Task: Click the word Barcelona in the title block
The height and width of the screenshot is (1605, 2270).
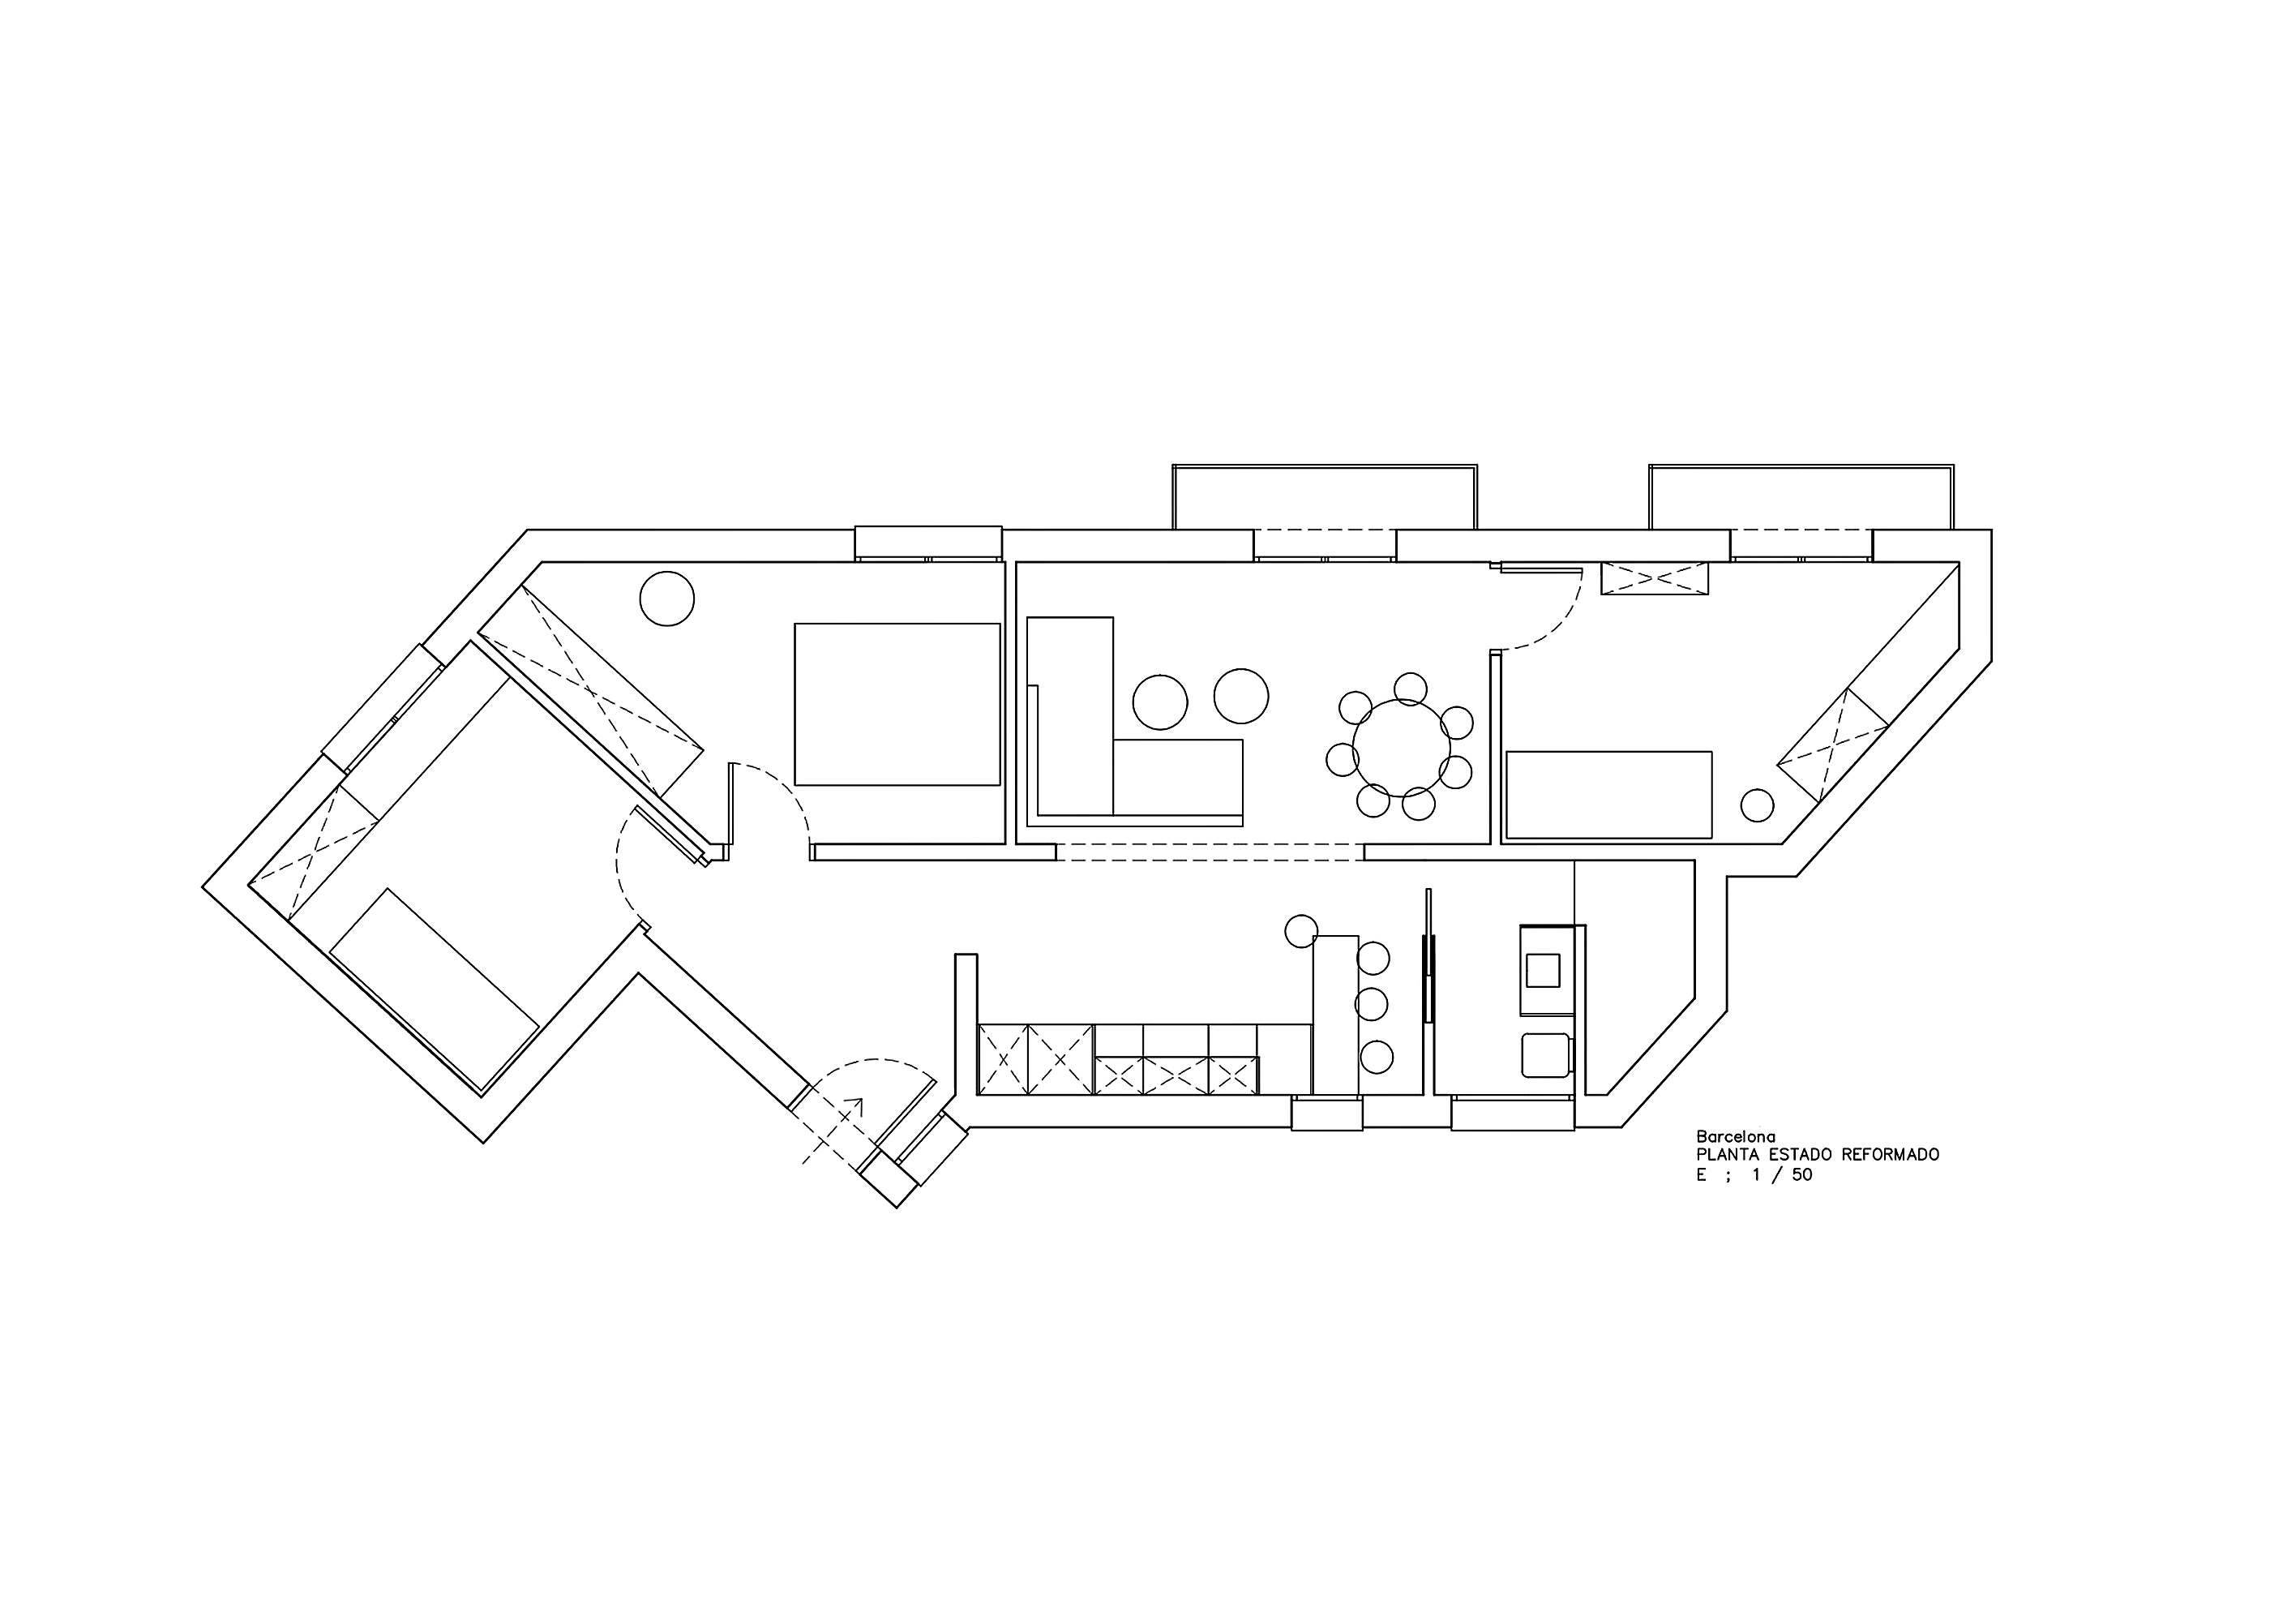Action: [1735, 1137]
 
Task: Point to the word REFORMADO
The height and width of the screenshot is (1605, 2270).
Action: [1891, 1155]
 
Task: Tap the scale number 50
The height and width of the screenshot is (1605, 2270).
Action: [1801, 1176]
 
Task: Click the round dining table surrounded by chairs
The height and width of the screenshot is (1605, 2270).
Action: [1401, 748]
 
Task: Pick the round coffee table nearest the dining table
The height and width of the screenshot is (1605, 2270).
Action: [1240, 696]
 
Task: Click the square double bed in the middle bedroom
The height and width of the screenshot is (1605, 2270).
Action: [897, 704]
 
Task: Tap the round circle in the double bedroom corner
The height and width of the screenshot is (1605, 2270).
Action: [667, 599]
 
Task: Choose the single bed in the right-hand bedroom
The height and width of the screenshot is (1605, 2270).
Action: [1608, 795]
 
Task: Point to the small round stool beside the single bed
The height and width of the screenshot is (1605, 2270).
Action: [1757, 805]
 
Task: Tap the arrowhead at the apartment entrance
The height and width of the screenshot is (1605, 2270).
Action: [856, 1105]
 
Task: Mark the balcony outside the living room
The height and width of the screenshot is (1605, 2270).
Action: [1325, 497]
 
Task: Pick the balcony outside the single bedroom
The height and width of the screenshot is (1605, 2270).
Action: [1801, 497]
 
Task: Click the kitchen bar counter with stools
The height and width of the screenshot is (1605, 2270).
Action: [1336, 1015]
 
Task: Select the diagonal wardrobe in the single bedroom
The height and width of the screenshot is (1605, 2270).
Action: [1833, 744]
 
